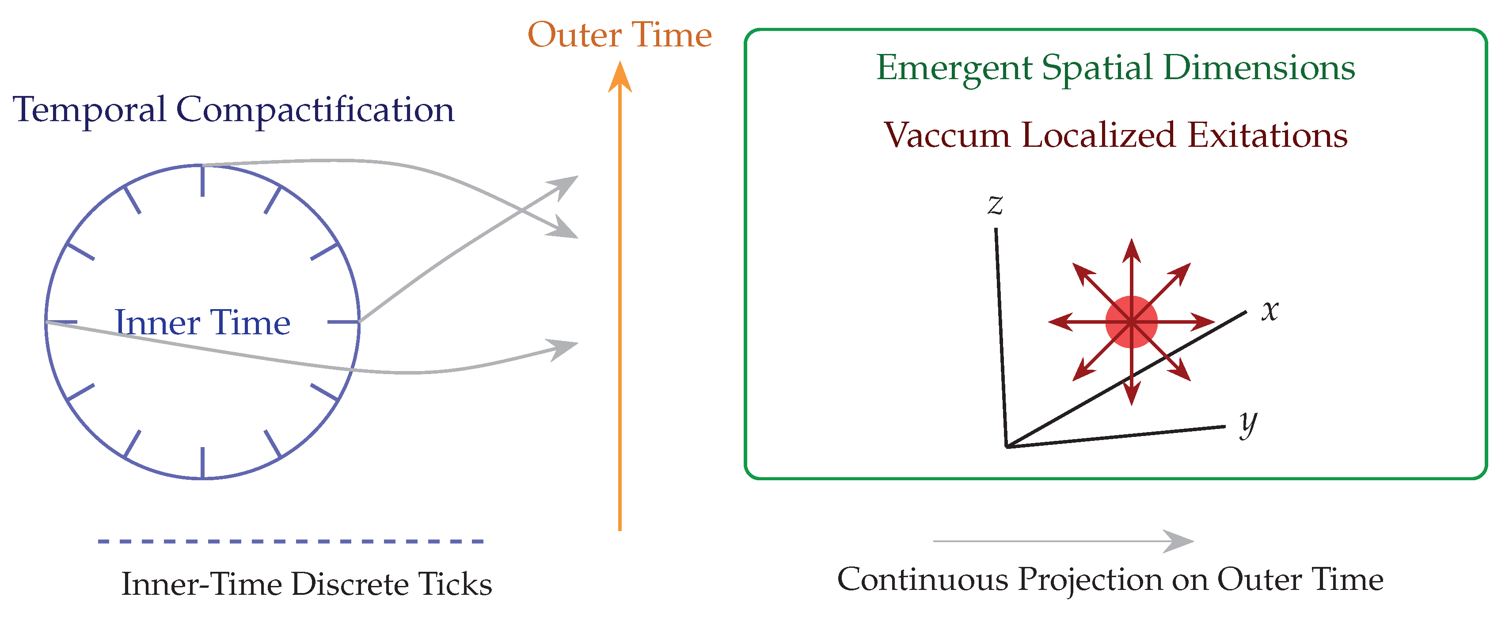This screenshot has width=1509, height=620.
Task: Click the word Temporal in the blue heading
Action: [89, 110]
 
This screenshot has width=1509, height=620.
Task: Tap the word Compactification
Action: [315, 110]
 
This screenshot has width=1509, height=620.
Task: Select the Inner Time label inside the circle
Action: [202, 322]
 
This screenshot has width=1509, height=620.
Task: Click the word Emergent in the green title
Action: [953, 68]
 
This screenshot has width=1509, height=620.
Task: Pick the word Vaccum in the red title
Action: [946, 135]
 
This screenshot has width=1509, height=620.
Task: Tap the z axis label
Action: [995, 205]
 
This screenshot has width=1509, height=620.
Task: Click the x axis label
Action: [1270, 310]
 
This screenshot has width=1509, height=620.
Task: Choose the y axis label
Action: [1248, 423]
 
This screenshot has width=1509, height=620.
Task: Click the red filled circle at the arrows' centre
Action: [1131, 322]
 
